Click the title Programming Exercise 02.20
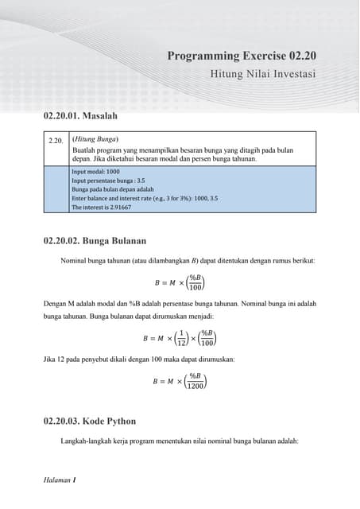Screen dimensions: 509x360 click(242, 56)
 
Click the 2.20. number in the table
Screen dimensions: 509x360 click(56, 140)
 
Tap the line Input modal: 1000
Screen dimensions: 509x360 click(95, 171)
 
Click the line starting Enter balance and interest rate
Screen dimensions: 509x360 click(145, 199)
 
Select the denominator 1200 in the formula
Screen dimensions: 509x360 click(195, 386)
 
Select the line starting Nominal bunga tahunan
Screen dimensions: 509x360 click(188, 260)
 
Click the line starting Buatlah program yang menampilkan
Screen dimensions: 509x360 click(182, 150)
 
